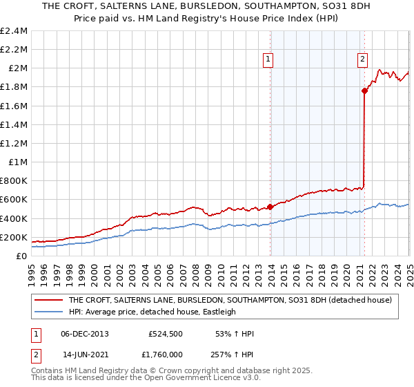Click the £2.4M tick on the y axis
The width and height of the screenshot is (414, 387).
point(14,31)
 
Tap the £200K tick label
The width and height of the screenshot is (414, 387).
point(14,237)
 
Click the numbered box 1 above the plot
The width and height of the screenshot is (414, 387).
point(268,60)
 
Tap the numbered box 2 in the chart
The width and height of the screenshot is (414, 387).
point(362,60)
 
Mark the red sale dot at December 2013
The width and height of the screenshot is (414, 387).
point(270,206)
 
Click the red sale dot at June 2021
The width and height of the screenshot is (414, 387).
point(364,91)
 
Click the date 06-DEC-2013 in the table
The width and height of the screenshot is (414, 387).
point(85,334)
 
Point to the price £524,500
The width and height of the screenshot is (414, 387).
point(166,334)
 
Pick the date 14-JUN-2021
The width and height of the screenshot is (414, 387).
point(85,354)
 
